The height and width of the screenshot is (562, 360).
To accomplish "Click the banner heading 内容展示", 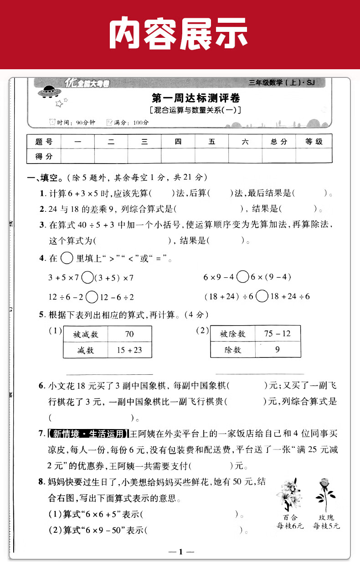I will [x=180, y=35].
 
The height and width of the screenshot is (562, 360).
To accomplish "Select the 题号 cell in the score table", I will [x=44, y=142].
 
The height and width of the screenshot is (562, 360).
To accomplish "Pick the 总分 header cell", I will [x=278, y=142].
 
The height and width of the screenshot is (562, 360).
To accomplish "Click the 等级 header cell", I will [x=314, y=142].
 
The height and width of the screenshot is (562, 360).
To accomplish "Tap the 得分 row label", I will [x=44, y=156].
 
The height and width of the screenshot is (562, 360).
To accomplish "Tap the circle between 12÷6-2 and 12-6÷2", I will [x=92, y=297].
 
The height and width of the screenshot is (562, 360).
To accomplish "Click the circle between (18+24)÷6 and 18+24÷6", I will [x=262, y=296].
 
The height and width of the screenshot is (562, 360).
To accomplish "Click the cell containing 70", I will [x=129, y=334].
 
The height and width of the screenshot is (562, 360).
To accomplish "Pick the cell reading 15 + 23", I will [x=129, y=350].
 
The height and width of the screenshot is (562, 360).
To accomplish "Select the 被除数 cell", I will [x=232, y=334].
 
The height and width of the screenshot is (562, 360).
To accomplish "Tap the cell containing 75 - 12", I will [x=278, y=333].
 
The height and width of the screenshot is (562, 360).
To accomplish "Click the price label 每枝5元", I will [x=326, y=526].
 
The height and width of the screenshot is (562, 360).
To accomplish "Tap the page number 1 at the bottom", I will [x=180, y=552].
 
